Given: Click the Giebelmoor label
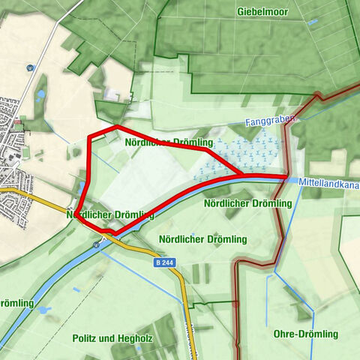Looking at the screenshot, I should [x=262, y=12].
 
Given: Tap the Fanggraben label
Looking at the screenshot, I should [x=271, y=120].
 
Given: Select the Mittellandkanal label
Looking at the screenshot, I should [x=329, y=182].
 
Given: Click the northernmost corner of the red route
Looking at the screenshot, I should [x=117, y=127].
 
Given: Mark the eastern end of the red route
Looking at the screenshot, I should [x=286, y=177].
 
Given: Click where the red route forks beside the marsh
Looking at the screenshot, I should [x=240, y=175].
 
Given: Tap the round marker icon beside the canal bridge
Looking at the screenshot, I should [x=97, y=244].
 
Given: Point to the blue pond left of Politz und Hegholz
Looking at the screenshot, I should [x=43, y=309].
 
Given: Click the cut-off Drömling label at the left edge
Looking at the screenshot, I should [x=16, y=303].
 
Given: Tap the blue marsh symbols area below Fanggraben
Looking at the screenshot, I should [x=247, y=154].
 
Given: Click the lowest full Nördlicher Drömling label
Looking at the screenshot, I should [x=202, y=239].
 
